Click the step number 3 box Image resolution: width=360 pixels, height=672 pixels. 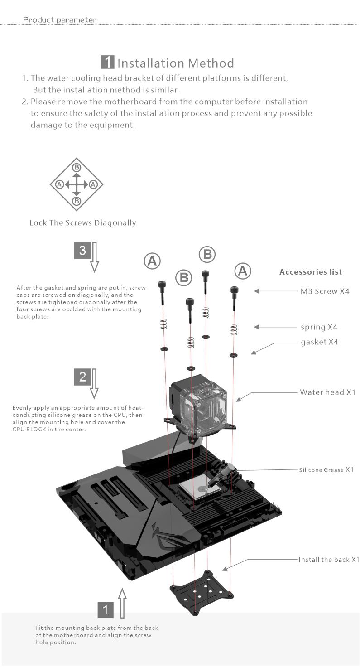pyautogui.click(x=82, y=251)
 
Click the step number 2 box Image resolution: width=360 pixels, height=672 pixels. pyautogui.click(x=82, y=377)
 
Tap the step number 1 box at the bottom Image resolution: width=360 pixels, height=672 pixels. pyautogui.click(x=106, y=610)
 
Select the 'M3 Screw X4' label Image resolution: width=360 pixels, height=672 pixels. pyautogui.click(x=325, y=291)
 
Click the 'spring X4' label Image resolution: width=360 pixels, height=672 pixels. pyautogui.click(x=319, y=327)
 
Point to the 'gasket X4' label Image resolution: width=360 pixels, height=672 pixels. pyautogui.click(x=319, y=342)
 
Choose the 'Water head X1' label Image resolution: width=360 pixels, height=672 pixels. pyautogui.click(x=327, y=392)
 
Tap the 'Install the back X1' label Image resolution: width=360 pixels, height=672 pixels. pyautogui.click(x=329, y=560)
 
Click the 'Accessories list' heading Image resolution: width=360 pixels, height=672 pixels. pyautogui.click(x=311, y=272)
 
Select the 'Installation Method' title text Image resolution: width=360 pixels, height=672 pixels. pyautogui.click(x=176, y=63)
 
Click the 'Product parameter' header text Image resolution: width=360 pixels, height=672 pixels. pyautogui.click(x=60, y=20)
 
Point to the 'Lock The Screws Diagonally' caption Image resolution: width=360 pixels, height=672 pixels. pyautogui.click(x=82, y=223)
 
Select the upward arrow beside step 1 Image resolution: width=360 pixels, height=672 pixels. pyautogui.click(x=122, y=603)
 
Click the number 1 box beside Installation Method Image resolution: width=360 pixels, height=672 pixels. pyautogui.click(x=107, y=62)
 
